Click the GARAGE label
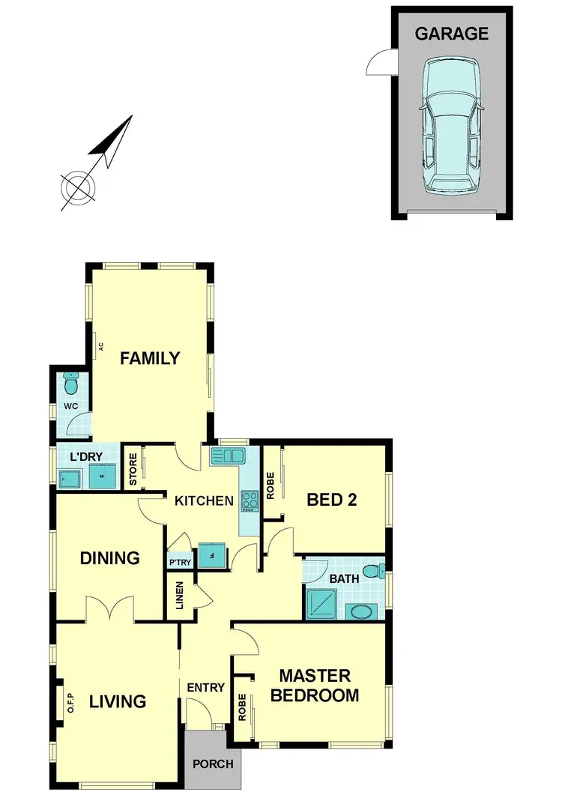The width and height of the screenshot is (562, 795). pos(452,34)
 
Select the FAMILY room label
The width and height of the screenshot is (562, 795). pos(151,358)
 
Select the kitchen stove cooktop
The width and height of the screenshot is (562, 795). pos(249,501)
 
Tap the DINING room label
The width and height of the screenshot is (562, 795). pos(110,558)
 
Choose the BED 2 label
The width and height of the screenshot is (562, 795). pos(331,500)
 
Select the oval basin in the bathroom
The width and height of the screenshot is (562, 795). pos(363,612)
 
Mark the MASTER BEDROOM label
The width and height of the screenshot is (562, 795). pos(315,686)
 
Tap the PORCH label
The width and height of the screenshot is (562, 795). pos(214,765)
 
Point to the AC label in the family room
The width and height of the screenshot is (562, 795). pos(100,346)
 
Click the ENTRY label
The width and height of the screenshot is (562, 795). pos(206,688)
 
